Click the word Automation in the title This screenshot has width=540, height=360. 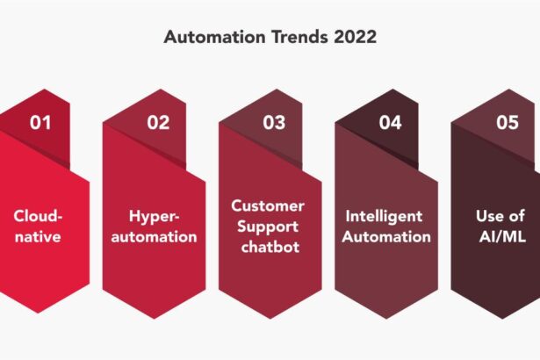click(x=209, y=39)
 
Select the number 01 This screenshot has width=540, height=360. click(x=40, y=122)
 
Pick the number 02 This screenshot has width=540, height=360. click(x=158, y=122)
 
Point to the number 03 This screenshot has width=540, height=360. click(x=274, y=122)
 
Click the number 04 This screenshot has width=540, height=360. click(x=390, y=122)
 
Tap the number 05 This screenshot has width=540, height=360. click(x=508, y=122)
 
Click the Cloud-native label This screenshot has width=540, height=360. click(x=39, y=226)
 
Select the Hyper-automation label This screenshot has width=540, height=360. click(x=155, y=226)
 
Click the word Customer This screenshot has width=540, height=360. click(x=268, y=205)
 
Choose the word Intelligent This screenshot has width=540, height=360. click(x=384, y=215)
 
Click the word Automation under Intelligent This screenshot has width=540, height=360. click(x=386, y=236)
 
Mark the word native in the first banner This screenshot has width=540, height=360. click(x=39, y=236)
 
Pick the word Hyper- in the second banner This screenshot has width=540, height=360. click(x=155, y=215)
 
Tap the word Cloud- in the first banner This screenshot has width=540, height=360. click(x=39, y=215)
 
